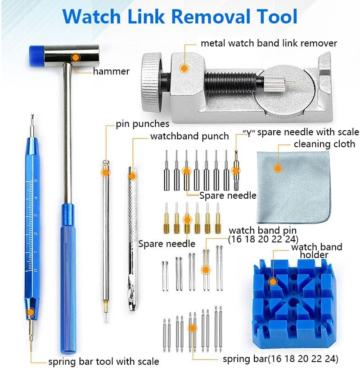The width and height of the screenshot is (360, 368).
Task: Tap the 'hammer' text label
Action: pyautogui.click(x=111, y=71)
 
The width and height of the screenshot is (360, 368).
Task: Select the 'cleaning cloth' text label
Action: pyautogui.click(x=324, y=144)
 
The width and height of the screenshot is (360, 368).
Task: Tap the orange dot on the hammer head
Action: pyautogui.click(x=76, y=57)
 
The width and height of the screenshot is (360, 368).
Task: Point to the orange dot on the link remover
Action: pyautogui.click(x=183, y=68)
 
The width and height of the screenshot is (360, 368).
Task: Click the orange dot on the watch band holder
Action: pyautogui.click(x=273, y=282)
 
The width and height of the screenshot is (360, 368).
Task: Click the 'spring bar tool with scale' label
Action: pyautogui.click(x=103, y=361)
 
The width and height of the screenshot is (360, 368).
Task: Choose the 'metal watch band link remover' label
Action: pyautogui.click(x=269, y=44)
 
